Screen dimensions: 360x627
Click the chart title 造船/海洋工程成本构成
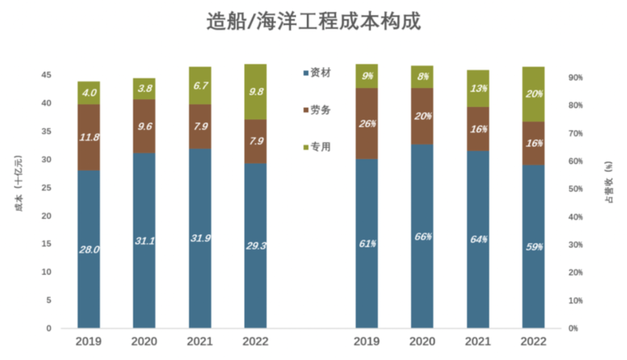[313, 21]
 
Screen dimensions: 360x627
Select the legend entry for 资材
[320, 73]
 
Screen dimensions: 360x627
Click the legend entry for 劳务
[320, 110]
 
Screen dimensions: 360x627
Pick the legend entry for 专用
[320, 147]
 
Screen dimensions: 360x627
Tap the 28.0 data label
[89, 249]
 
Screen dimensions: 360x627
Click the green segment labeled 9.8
[256, 92]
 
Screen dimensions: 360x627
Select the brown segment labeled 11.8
[89, 137]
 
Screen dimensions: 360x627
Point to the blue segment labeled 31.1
[144, 240]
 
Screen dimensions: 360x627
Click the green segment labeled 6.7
[200, 86]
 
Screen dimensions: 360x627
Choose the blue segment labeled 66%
[422, 236]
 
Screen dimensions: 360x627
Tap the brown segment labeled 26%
[366, 124]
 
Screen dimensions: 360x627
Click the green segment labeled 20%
[534, 94]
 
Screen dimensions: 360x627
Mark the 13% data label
[478, 88]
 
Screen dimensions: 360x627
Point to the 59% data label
[534, 246]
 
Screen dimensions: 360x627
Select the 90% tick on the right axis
[577, 78]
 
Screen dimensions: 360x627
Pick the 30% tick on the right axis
[577, 245]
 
